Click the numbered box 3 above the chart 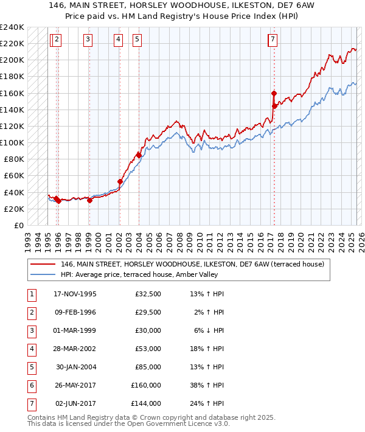click(x=88, y=40)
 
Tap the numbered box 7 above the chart click(x=273, y=40)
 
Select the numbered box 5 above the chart click(x=137, y=40)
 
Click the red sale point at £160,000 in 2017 click(x=274, y=93)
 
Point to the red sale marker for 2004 click(x=139, y=155)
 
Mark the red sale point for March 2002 click(x=120, y=181)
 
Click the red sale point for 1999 click(x=89, y=200)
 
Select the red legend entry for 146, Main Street click(x=195, y=264)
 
